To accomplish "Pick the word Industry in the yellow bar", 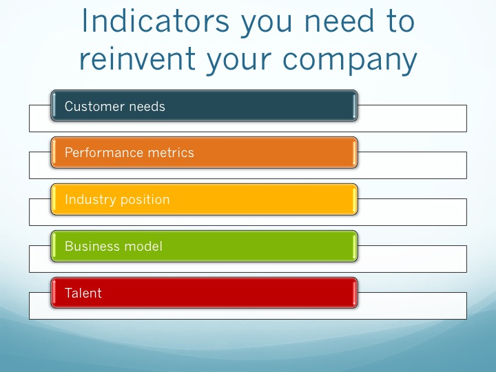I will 89,200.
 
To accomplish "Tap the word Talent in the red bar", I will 83,293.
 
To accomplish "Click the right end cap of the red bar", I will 355,293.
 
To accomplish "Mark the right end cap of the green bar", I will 355,246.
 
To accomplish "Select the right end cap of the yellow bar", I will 355,200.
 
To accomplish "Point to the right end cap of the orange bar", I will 355,152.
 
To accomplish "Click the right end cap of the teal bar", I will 355,106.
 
